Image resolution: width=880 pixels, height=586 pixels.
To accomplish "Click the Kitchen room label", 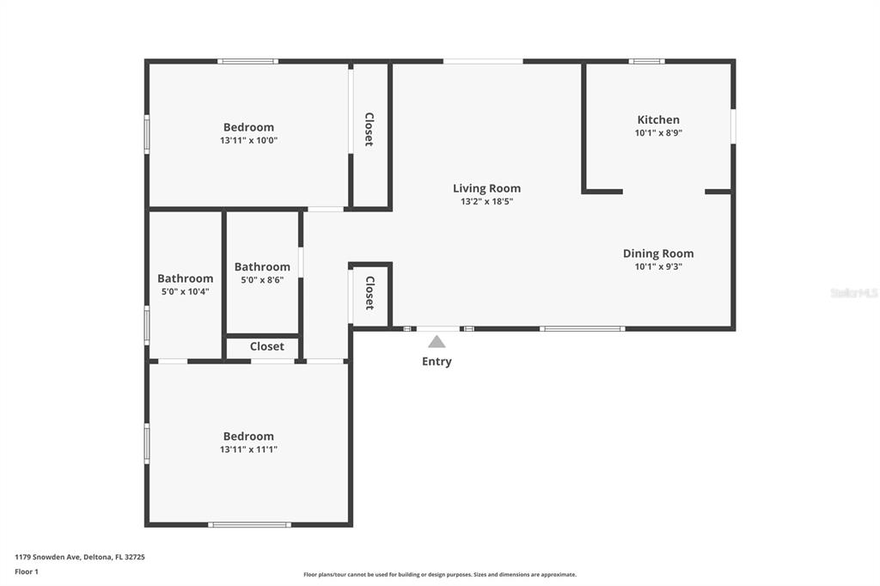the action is click(658, 119).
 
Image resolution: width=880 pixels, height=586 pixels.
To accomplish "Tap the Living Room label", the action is click(486, 188).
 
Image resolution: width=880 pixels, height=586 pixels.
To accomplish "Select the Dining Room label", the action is click(658, 253).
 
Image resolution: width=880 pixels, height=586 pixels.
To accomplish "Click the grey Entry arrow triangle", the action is click(437, 342).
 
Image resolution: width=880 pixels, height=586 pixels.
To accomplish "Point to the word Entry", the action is click(437, 362).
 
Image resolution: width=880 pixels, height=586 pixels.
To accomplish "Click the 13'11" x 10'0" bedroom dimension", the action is click(248, 140).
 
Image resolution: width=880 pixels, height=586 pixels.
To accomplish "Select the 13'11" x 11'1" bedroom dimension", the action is click(248, 449).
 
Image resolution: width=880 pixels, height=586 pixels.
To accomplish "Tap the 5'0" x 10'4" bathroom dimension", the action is click(186, 291).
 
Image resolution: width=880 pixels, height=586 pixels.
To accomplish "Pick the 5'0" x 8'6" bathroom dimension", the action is click(262, 279).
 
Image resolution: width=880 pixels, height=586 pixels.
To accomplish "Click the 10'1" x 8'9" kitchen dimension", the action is click(658, 133).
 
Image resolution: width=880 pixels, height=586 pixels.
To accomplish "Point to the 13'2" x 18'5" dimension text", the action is click(486, 202).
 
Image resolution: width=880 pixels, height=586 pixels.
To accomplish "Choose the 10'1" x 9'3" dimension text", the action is click(658, 266).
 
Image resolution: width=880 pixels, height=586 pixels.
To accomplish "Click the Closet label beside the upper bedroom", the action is click(370, 130).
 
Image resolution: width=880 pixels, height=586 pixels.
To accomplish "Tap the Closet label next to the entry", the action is click(370, 293).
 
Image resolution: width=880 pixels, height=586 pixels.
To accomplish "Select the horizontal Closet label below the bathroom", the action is click(266, 346).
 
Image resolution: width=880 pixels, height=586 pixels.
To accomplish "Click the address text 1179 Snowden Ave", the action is click(48, 557).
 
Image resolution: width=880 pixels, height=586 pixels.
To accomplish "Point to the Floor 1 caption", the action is click(27, 571).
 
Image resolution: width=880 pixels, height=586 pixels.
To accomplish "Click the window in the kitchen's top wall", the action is click(646, 61).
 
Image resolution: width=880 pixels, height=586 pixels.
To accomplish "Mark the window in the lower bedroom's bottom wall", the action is click(250, 525).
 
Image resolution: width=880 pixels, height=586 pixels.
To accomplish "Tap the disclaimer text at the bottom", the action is click(440, 574).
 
